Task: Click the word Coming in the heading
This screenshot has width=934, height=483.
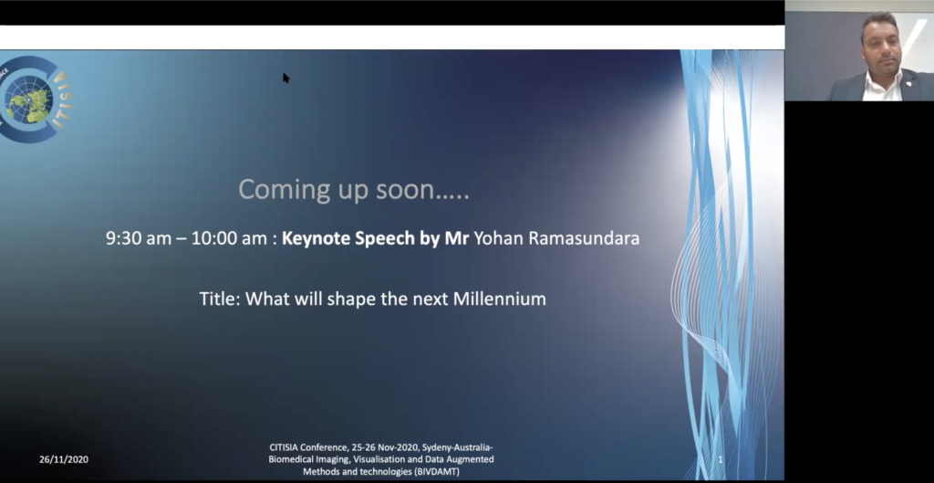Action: pyautogui.click(x=276, y=190)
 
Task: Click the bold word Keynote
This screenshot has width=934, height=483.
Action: pyautogui.click(x=317, y=238)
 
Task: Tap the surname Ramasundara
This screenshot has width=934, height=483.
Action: pyautogui.click(x=585, y=238)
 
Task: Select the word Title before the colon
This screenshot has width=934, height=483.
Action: pyautogui.click(x=217, y=299)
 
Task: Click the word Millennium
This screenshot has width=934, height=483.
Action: pyautogui.click(x=500, y=299)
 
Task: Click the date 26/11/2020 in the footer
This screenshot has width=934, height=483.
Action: pyautogui.click(x=64, y=459)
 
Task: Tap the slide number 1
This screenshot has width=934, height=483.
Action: pyautogui.click(x=721, y=459)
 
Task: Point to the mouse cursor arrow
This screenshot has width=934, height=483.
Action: pyautogui.click(x=285, y=78)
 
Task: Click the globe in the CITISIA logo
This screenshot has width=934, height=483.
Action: pyautogui.click(x=28, y=99)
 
